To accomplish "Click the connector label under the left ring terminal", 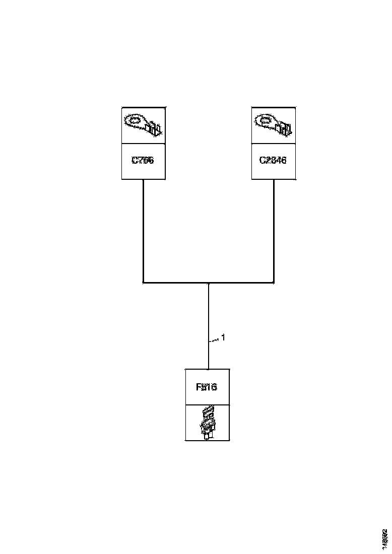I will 143,161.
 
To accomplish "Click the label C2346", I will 273,161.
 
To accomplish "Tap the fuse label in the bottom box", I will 207,387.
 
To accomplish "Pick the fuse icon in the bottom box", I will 207,423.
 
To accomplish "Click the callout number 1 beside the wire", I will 223,337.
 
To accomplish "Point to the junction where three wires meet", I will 208,283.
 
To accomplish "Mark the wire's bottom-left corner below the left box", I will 144,283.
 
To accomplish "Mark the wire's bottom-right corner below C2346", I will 274,283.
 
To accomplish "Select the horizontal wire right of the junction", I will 242,283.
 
